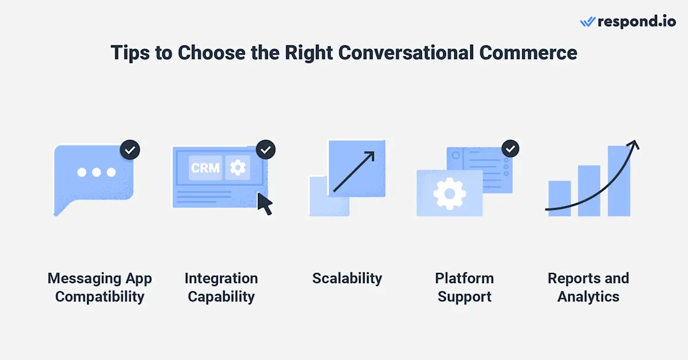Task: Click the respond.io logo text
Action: point(635,22)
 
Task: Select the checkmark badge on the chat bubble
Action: point(130,150)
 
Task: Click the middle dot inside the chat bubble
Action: point(96,172)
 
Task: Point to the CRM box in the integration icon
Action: point(205,168)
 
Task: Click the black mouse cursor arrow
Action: point(264,204)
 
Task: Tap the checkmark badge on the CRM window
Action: point(265,150)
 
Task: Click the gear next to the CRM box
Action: point(237,167)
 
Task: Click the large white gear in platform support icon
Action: point(449,193)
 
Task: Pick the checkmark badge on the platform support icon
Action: point(510,150)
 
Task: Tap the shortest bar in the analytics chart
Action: point(560,198)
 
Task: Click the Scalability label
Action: point(347,279)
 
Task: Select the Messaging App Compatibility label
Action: point(100,288)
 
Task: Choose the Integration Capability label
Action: point(221,288)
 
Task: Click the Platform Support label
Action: point(464,288)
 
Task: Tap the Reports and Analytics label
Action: point(588,288)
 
